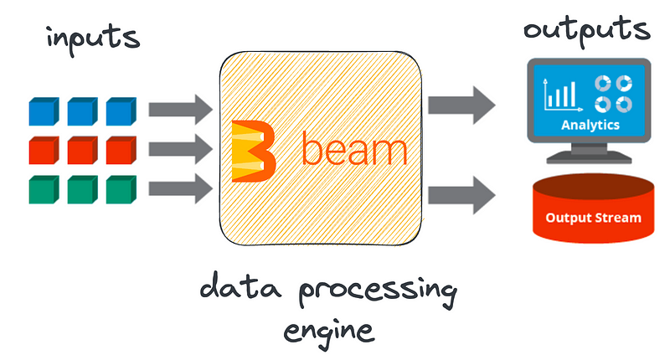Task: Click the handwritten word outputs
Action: point(585,29)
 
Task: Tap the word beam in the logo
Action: point(354,151)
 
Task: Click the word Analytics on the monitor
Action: point(590,125)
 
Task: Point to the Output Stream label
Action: point(593,218)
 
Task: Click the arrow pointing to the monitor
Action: point(461,105)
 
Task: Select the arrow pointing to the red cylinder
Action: point(461,196)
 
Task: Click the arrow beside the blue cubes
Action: point(180,109)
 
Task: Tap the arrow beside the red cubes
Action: point(180,150)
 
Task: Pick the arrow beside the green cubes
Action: point(180,189)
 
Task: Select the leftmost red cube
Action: point(41,152)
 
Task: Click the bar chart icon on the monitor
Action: point(559,93)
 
